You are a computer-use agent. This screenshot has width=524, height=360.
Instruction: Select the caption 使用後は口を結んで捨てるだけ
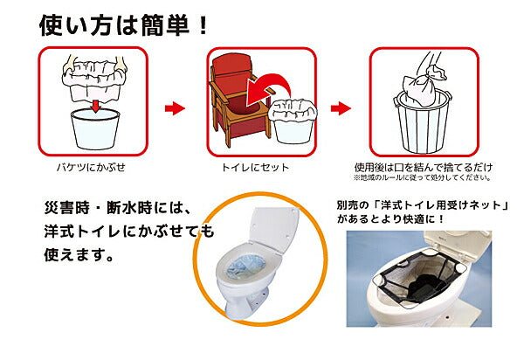pos(423,165)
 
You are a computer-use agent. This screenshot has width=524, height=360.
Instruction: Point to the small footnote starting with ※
pos(423,176)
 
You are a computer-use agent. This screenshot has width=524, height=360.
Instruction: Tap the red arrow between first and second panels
pos(176,108)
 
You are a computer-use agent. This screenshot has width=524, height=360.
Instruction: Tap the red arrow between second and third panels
pos(341,108)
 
